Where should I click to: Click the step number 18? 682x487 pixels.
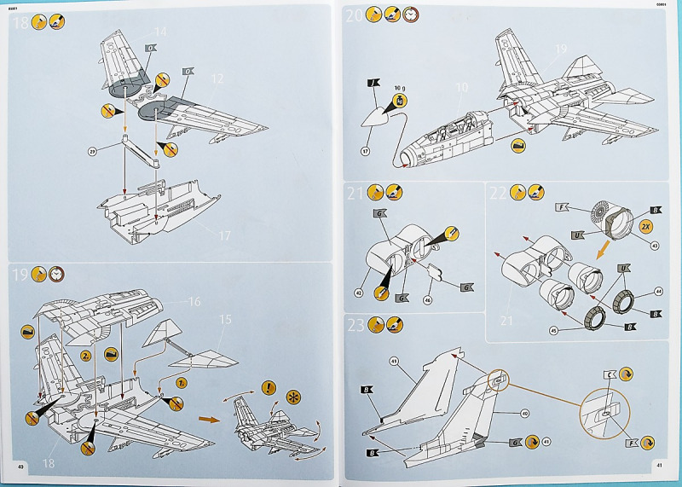pyautogui.click(x=19, y=23)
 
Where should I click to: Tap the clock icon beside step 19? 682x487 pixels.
pyautogui.click(x=58, y=275)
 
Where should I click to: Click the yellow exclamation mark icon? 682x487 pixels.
pyautogui.click(x=269, y=388)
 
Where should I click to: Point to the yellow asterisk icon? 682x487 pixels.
pyautogui.click(x=293, y=398)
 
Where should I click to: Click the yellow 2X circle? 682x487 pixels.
pyautogui.click(x=646, y=227)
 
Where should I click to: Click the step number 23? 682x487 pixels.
pyautogui.click(x=355, y=325)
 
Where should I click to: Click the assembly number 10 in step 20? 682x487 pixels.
pyautogui.click(x=461, y=87)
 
